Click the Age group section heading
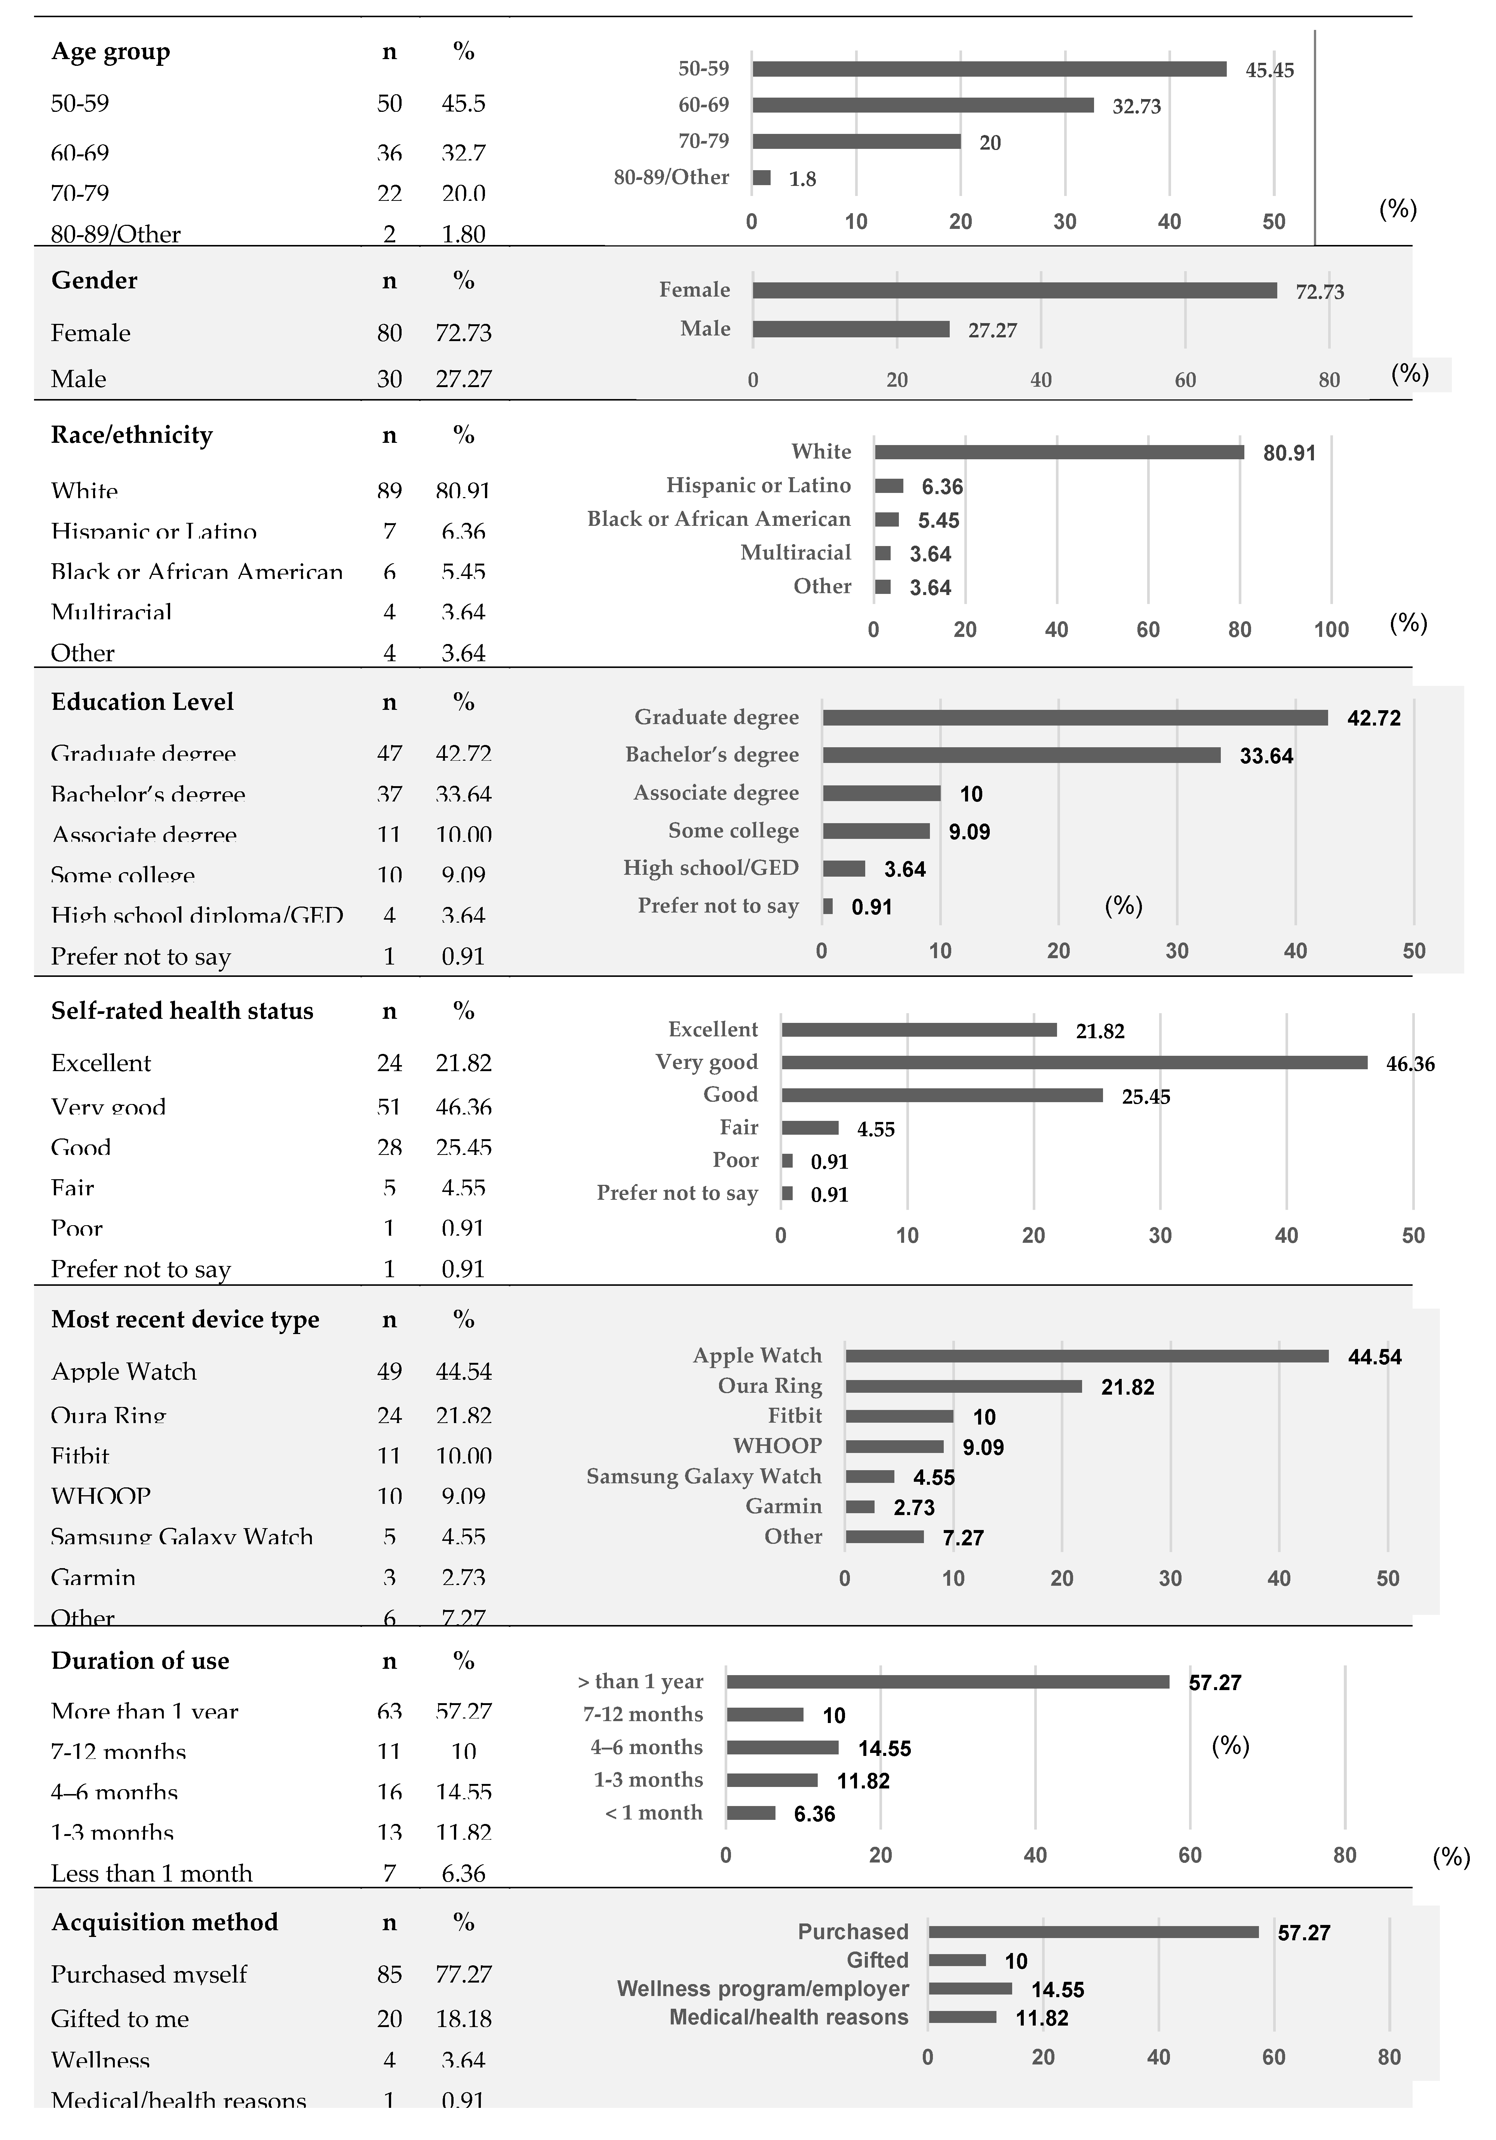[110, 52]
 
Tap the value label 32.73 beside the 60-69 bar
[1136, 106]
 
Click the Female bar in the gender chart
[1014, 291]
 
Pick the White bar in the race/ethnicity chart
[1059, 452]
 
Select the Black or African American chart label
[719, 519]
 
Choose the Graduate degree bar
[1075, 718]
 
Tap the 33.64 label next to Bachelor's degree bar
[1266, 756]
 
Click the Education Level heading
[142, 702]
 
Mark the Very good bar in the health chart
[1074, 1063]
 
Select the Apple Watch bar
[1087, 1356]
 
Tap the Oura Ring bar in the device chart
[964, 1387]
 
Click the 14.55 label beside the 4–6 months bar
[884, 1748]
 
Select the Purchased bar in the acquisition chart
[1093, 1932]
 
